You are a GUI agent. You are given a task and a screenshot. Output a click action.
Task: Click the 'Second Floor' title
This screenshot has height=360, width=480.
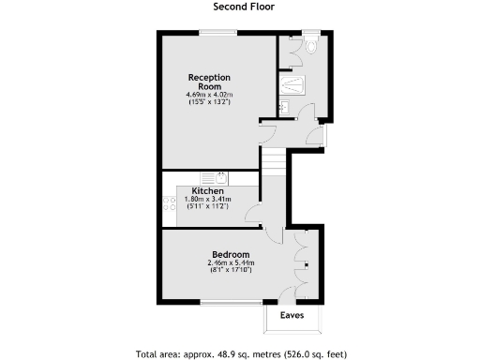click(x=240, y=7)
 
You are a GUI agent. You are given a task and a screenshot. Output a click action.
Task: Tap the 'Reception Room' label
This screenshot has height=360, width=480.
click(x=209, y=82)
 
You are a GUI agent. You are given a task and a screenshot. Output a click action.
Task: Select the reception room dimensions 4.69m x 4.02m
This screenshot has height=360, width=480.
click(x=209, y=95)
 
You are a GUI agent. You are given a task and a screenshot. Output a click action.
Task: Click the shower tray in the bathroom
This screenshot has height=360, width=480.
click(x=292, y=84)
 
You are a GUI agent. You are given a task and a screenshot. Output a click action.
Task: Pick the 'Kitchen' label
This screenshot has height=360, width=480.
click(x=207, y=191)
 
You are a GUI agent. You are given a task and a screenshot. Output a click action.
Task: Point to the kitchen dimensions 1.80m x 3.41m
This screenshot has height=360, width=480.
click(x=207, y=200)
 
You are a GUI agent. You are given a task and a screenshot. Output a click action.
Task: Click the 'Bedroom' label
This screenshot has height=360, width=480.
click(x=230, y=254)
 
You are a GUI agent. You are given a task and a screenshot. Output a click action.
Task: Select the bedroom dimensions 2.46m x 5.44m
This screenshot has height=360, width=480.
click(x=230, y=263)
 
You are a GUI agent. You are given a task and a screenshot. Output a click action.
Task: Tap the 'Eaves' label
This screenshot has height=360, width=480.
click(x=292, y=316)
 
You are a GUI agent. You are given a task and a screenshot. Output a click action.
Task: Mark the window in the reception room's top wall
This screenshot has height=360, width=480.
click(x=217, y=34)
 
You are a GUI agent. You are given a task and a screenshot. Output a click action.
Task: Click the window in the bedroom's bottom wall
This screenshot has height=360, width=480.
click(x=232, y=303)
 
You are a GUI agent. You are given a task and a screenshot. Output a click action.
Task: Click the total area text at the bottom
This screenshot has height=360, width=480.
click(x=240, y=353)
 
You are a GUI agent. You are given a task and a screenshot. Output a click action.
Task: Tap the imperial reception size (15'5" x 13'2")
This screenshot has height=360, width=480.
click(x=209, y=101)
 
